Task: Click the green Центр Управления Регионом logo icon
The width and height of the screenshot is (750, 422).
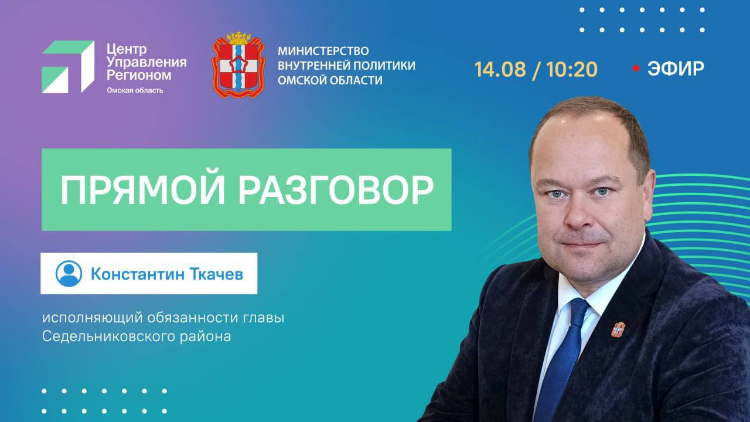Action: (x=68, y=67)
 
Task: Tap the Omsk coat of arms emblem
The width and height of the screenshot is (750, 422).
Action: (x=238, y=64)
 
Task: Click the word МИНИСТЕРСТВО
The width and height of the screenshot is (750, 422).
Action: (x=323, y=51)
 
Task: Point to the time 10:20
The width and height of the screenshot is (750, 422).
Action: (x=572, y=69)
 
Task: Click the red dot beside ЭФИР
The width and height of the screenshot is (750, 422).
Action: (x=636, y=69)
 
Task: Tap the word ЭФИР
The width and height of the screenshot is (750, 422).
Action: (x=676, y=69)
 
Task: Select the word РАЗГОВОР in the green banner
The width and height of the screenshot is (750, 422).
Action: (x=336, y=190)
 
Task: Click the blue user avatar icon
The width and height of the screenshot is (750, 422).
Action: (x=69, y=274)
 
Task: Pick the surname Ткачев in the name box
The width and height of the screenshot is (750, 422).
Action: (x=217, y=274)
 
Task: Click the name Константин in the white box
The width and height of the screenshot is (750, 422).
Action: (x=138, y=274)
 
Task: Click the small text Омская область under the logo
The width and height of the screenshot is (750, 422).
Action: (x=135, y=90)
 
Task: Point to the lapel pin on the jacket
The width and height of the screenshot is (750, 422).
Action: (x=618, y=329)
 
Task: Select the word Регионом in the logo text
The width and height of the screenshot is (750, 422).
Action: (x=139, y=76)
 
